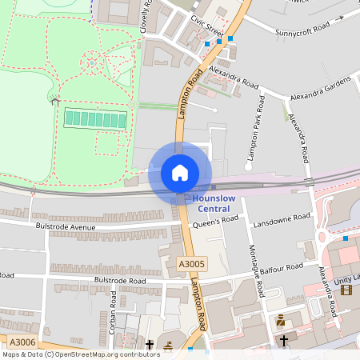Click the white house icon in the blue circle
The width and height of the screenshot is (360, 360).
[180, 172]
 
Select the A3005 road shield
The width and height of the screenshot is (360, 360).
[191, 263]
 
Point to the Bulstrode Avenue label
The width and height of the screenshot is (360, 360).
[65, 226]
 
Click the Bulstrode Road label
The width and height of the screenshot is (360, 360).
[120, 281]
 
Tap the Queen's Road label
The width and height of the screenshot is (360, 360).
[215, 222]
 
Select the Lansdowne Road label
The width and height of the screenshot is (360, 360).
[281, 218]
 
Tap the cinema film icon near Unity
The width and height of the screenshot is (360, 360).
[346, 289]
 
